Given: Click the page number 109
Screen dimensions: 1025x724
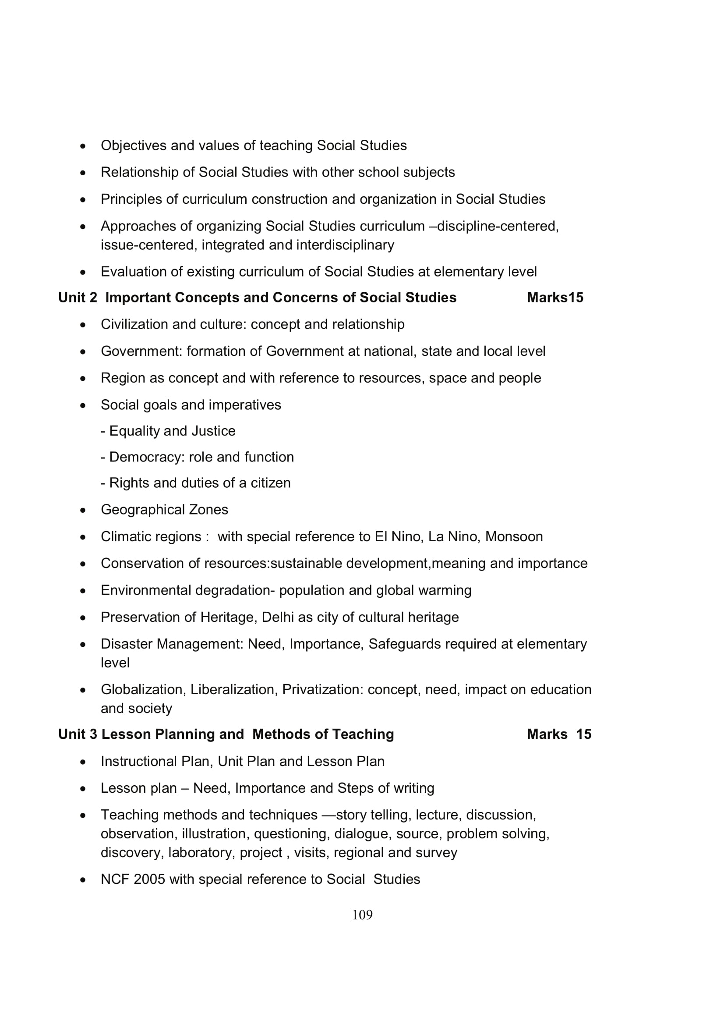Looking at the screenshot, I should click(362, 915).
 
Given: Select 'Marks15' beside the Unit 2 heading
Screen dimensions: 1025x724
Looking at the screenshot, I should click(554, 297).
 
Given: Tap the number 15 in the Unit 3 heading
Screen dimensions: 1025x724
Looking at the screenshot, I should click(583, 734).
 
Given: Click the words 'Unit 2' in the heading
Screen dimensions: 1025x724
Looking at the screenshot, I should click(77, 297).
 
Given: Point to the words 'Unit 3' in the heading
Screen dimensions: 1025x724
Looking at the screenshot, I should click(77, 734).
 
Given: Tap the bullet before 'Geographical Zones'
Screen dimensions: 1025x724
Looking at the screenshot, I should click(83, 510).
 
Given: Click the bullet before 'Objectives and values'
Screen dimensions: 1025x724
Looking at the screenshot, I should click(83, 146).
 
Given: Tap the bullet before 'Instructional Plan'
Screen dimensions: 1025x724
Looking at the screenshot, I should click(83, 762).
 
